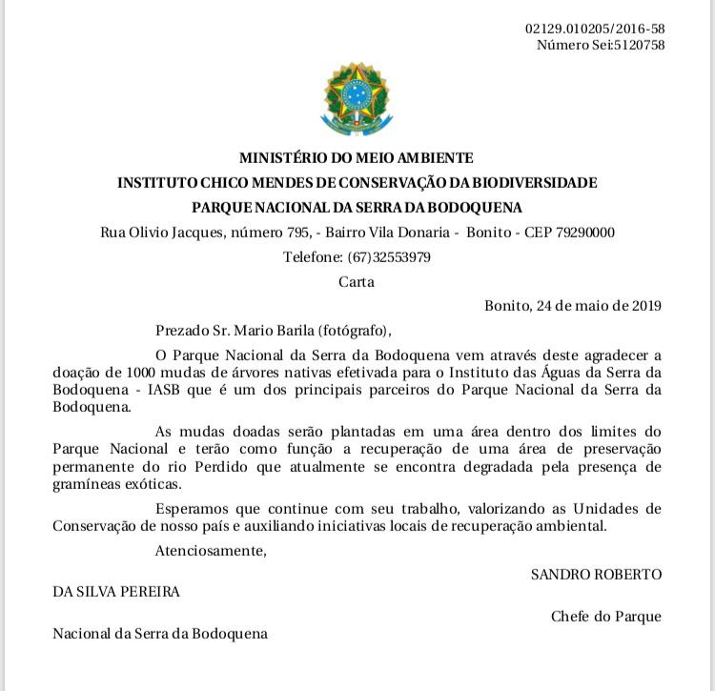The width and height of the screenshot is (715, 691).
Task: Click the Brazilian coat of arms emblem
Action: point(356,97)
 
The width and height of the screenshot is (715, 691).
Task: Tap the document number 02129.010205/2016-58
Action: point(595,29)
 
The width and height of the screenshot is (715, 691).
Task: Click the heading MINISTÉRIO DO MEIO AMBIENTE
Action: point(356,158)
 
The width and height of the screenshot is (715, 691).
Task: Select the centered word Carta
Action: point(357,281)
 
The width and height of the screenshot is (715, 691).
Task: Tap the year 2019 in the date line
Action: point(643,306)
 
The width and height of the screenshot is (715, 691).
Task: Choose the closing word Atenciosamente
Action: point(210,550)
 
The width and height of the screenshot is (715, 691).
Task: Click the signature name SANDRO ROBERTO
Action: point(596,575)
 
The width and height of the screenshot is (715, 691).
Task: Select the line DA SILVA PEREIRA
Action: point(116,592)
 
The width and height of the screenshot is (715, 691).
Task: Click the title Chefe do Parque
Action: point(605,617)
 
